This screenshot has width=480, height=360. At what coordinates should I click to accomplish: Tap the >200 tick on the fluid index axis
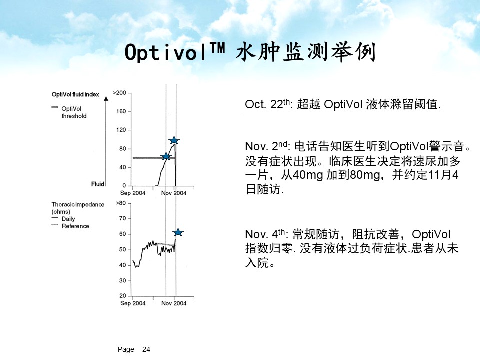point(119,93)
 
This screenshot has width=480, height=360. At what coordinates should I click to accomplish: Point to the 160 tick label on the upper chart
point(121,111)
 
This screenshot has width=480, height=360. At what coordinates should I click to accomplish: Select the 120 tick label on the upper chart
point(121,130)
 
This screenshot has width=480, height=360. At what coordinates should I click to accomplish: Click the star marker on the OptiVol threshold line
point(166,156)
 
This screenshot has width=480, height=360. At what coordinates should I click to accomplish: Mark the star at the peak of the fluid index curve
point(174,140)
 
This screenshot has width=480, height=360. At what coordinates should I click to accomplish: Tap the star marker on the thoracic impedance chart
point(178,232)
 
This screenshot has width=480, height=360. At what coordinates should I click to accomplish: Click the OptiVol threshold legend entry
point(69,112)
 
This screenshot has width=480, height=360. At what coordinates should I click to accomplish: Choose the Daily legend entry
point(63,219)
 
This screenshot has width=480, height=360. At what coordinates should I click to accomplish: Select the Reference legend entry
point(70,226)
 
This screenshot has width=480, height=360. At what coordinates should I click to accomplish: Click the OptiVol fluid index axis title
point(75,94)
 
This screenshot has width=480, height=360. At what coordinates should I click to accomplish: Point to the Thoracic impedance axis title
point(78,208)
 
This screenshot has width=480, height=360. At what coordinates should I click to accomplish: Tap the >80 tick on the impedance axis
point(121,203)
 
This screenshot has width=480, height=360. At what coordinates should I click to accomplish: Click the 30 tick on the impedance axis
point(123,280)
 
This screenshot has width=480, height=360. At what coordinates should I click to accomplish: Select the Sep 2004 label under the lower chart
point(133,303)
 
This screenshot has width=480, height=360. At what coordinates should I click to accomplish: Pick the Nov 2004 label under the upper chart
point(174,193)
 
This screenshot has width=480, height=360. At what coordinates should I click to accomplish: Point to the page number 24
point(146,349)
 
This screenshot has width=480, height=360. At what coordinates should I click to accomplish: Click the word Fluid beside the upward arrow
point(98,184)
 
